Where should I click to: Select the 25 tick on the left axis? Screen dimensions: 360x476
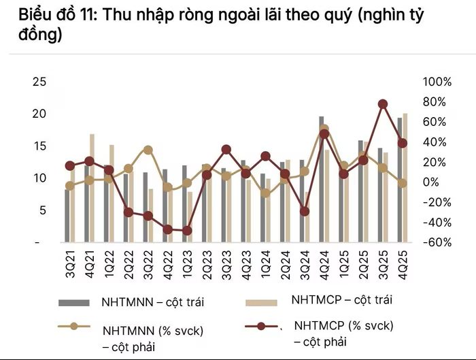point(40,82)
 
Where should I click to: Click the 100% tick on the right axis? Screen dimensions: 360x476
point(437,82)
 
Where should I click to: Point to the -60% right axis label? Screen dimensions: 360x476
point(437,243)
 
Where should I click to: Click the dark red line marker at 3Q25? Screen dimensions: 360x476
point(383,104)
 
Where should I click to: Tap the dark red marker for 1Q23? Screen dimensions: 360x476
point(187,231)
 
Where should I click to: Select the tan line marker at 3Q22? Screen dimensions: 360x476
point(148,150)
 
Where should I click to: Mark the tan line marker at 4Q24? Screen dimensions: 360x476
point(324,128)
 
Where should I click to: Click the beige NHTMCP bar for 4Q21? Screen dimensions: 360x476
point(92,187)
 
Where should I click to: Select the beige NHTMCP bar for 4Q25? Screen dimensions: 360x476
point(405,177)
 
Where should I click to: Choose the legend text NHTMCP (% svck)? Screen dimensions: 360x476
point(343,325)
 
